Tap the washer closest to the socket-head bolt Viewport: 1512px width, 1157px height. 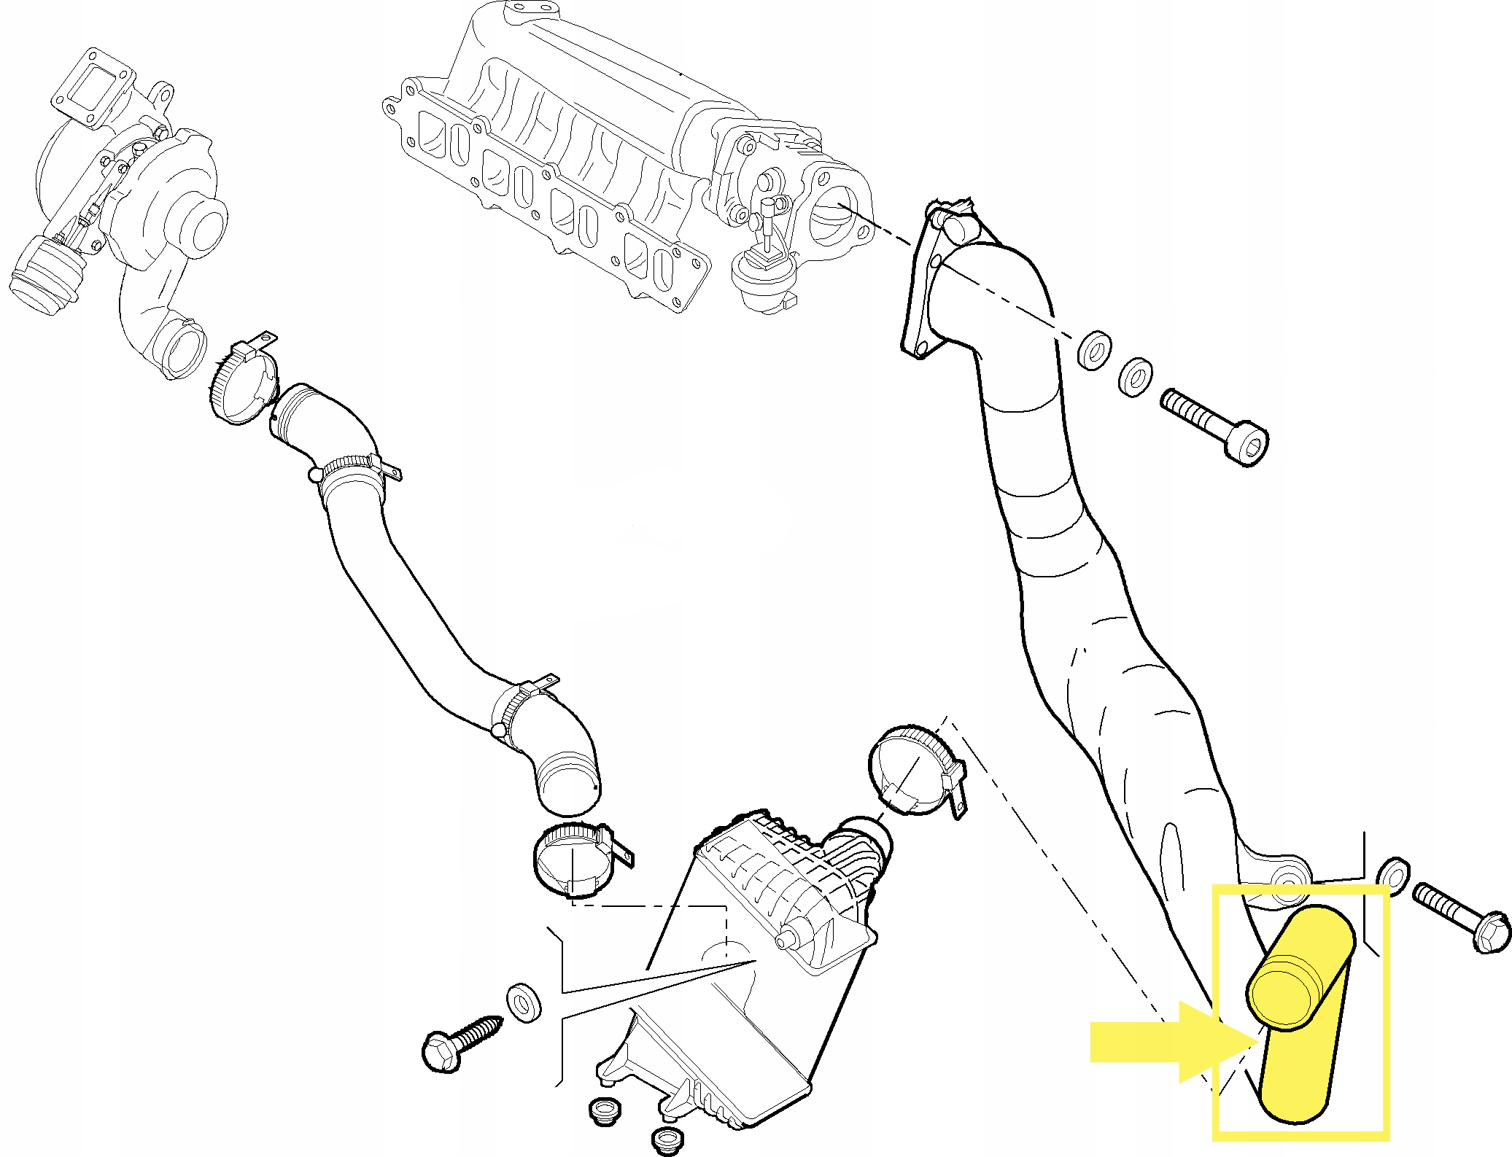coord(1135,378)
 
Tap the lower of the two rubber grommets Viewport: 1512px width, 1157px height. coord(666,1140)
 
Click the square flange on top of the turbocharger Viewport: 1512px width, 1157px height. coord(93,89)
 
